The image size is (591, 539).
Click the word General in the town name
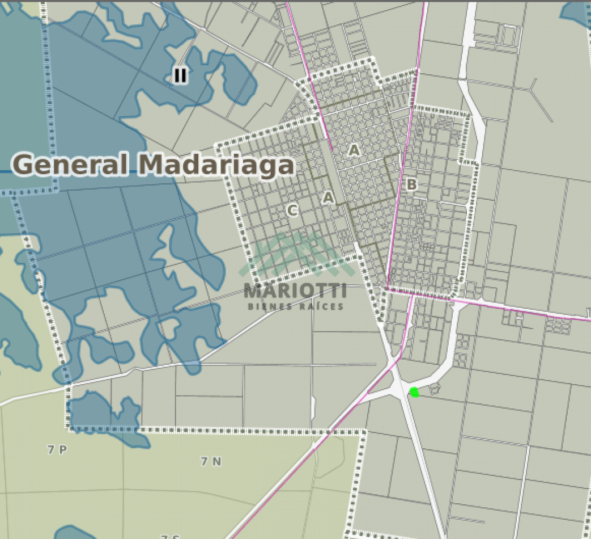point(73,165)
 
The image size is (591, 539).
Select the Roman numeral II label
point(180,75)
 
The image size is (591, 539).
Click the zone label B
point(412,184)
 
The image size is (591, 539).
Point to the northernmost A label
point(354,150)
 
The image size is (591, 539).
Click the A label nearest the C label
point(328,197)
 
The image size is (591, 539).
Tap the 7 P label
point(57,450)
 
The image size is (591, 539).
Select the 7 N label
point(211,461)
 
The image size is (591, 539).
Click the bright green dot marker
point(414,391)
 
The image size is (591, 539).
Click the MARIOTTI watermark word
point(295,292)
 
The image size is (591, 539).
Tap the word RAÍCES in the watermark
point(324,306)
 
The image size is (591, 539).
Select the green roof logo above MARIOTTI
point(295,255)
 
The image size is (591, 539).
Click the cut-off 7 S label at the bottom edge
point(170,536)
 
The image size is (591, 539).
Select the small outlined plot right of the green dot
point(435,388)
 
